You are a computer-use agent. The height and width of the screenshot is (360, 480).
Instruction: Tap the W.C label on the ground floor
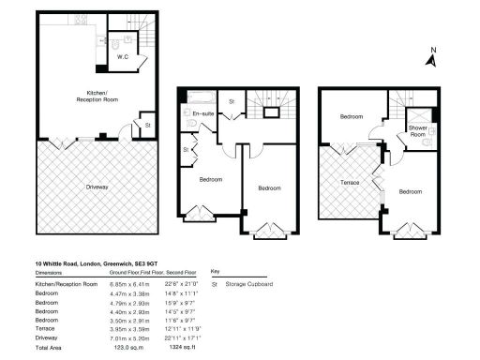point(122,56)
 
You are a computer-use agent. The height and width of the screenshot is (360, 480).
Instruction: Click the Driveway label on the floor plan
point(97,187)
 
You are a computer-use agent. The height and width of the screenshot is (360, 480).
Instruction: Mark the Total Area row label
point(51,347)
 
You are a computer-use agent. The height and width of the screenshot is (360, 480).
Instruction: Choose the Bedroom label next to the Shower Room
point(352,116)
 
